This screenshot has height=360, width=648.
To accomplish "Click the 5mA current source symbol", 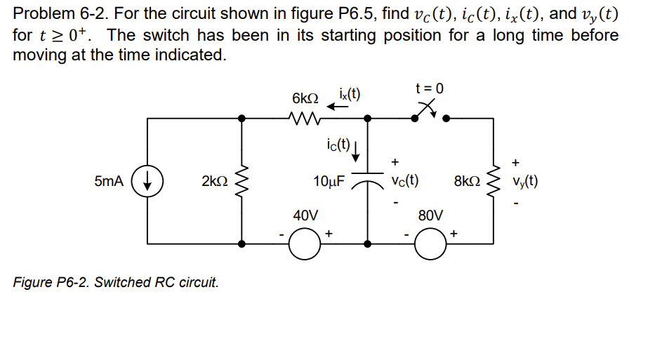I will pyautogui.click(x=147, y=181).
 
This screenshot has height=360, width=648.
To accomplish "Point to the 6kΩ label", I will pyautogui.click(x=305, y=98).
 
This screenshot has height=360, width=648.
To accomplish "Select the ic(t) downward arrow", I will pyautogui.click(x=357, y=150).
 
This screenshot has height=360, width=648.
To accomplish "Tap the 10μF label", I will pyautogui.click(x=329, y=181).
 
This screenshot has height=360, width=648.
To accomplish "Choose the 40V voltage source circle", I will pyautogui.click(x=305, y=244).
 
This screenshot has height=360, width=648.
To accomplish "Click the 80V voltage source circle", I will pyautogui.click(x=430, y=244).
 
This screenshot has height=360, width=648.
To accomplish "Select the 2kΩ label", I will pyautogui.click(x=214, y=181).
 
